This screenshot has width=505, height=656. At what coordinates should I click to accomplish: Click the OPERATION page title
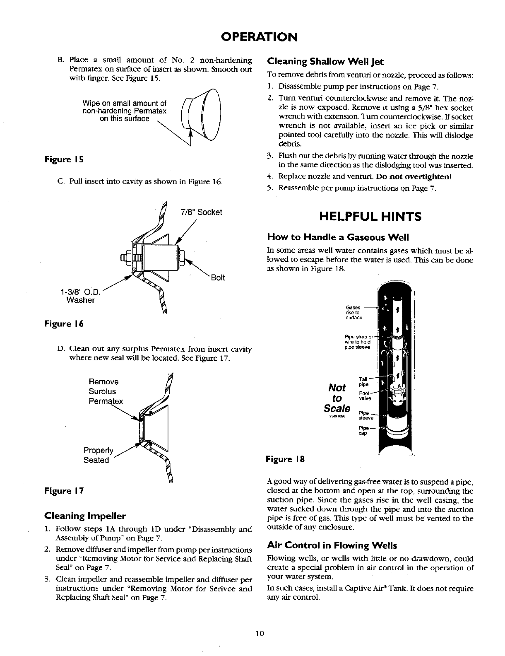259,37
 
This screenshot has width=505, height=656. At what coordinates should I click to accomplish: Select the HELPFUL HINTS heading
370,217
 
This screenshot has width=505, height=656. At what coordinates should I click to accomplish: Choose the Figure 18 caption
285,459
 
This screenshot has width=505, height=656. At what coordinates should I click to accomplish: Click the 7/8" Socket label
202,212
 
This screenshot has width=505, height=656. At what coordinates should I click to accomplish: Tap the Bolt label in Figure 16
218,277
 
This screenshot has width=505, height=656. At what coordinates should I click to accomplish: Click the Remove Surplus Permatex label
105,391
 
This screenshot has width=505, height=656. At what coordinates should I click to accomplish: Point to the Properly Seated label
98,455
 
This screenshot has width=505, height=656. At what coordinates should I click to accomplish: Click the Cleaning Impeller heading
85,516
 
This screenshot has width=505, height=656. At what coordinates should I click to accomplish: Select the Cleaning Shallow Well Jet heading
326,62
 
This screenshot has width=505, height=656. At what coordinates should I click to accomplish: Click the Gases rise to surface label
354,313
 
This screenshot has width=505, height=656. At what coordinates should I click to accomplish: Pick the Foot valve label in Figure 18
365,396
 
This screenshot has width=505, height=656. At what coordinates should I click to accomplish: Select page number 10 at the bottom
260,633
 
